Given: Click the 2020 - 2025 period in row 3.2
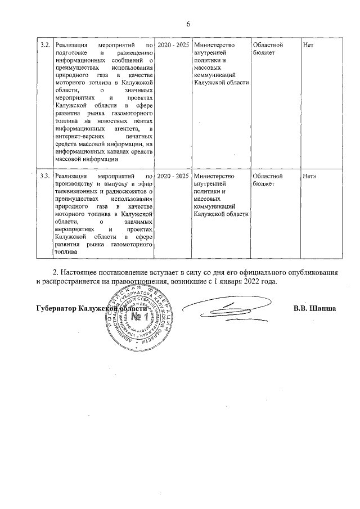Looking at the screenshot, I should point(173,44).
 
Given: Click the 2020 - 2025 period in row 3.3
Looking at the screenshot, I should point(173,176).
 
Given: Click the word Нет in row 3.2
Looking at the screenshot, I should point(308,44).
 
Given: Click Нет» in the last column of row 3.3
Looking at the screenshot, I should point(310,176).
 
